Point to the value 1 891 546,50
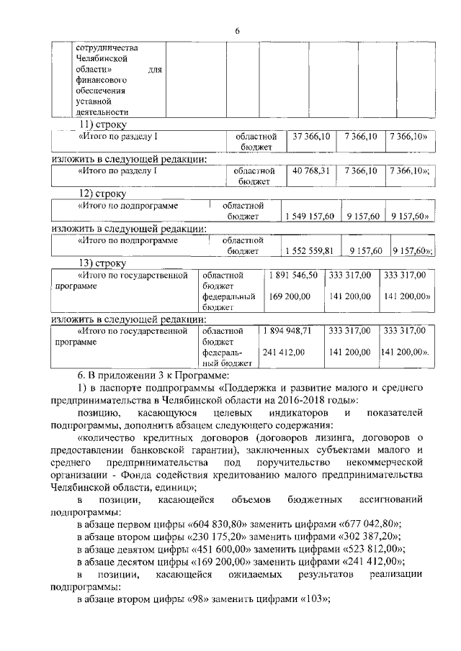(293, 275)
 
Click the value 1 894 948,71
(293, 331)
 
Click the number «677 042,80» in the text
(360, 524)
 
